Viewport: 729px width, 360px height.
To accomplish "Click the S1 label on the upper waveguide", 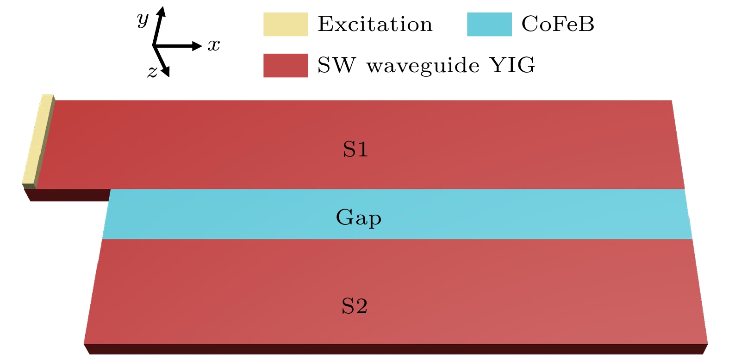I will point(355,149).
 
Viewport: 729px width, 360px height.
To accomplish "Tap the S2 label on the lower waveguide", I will point(355,306).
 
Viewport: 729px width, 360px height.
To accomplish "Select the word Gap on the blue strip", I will point(359,217).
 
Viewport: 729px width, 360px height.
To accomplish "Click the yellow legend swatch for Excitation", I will point(286,25).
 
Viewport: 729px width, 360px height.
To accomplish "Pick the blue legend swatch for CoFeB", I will point(489,25).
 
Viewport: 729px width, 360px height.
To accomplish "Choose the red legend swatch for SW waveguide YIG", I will point(286,65).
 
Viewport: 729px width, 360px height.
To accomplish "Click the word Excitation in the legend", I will point(375,25).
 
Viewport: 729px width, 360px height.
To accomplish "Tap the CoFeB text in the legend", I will point(558,24).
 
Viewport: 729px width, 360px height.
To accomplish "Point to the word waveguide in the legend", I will point(423,66).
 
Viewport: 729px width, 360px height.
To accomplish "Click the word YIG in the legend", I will point(512,65).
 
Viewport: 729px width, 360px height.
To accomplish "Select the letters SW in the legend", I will point(336,65).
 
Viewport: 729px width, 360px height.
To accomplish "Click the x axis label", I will point(214,45).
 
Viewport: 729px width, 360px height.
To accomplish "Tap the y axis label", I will point(143,20).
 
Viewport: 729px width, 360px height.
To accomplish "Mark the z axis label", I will point(152,72).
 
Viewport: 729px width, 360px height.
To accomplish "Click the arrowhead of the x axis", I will point(198,46).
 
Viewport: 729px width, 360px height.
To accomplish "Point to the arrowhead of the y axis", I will point(161,12).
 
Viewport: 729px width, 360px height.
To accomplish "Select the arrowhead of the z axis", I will point(166,72).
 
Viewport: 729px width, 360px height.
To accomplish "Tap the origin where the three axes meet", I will point(154,46).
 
